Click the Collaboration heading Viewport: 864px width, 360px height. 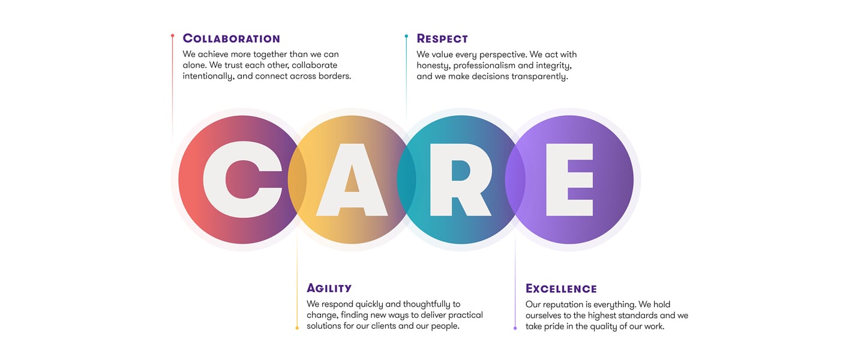coord(232,38)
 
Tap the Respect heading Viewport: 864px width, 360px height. coord(442,38)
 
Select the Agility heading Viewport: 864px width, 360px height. coord(329,288)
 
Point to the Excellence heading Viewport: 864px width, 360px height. coord(561,289)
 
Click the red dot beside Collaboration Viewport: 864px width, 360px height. coord(172,35)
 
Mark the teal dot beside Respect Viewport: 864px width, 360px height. coord(406,36)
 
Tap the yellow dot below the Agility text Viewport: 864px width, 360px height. coord(297,328)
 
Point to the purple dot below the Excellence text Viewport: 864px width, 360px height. coord(515,328)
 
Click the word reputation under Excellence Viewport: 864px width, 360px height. coord(561,305)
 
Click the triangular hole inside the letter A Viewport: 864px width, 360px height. coord(352,181)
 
